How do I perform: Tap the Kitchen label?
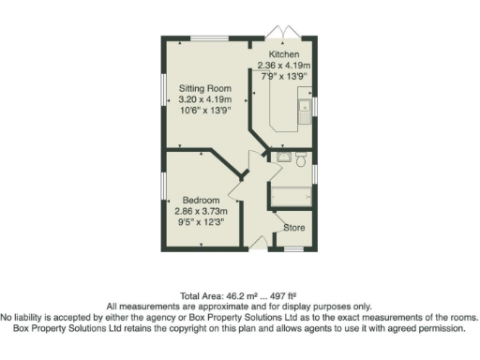pos(283,55)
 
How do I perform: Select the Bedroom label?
pos(201,201)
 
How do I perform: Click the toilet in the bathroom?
pos(300,160)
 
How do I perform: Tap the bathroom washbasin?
pos(284,157)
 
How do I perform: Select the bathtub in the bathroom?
pos(292,197)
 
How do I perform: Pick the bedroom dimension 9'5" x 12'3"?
pos(202,223)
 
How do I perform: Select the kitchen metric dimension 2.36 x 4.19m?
pos(283,67)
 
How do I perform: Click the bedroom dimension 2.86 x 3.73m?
pos(202,212)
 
